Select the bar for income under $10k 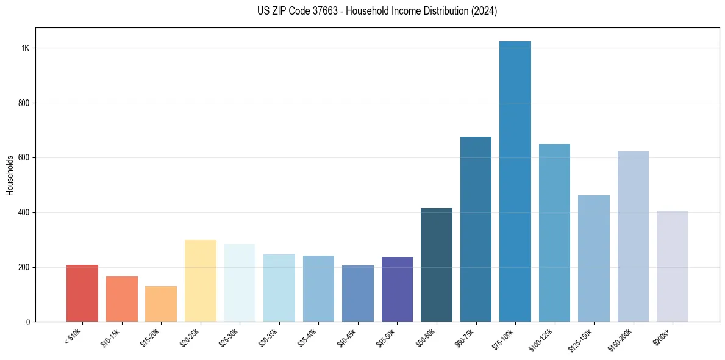[x=82, y=293]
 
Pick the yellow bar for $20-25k [x=201, y=281]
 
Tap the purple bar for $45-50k [x=397, y=289]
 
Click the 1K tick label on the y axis [x=26, y=48]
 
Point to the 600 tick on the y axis [x=24, y=157]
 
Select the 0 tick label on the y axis [x=28, y=322]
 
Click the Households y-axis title [x=10, y=175]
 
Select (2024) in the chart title [x=484, y=11]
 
